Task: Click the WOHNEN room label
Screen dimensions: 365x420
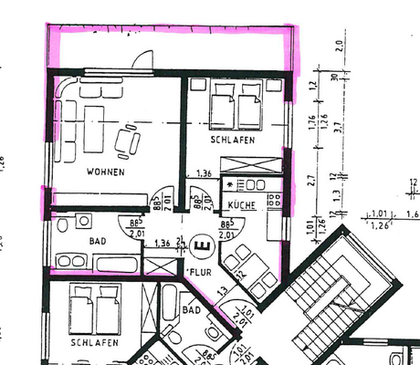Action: (x=105, y=172)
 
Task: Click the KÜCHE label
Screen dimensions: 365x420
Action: (x=241, y=206)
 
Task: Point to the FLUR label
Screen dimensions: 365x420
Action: (x=200, y=272)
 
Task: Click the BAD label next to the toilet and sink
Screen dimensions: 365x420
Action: (x=98, y=243)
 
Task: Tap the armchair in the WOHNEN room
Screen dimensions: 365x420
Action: (x=127, y=140)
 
